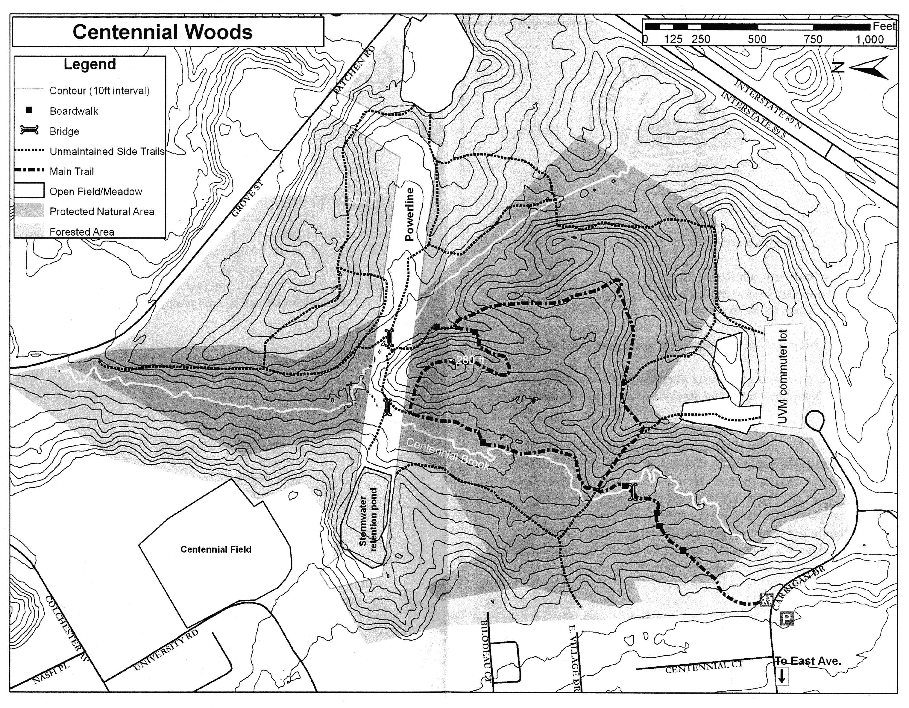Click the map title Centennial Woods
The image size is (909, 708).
[x=162, y=32]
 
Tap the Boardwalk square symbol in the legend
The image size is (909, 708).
[x=29, y=110]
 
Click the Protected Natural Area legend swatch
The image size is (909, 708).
[x=29, y=211]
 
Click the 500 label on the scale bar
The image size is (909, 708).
[x=757, y=40]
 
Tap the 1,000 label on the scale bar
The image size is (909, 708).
[x=869, y=40]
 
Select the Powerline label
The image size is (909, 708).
[x=409, y=214]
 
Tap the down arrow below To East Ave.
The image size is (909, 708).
[x=781, y=676]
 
